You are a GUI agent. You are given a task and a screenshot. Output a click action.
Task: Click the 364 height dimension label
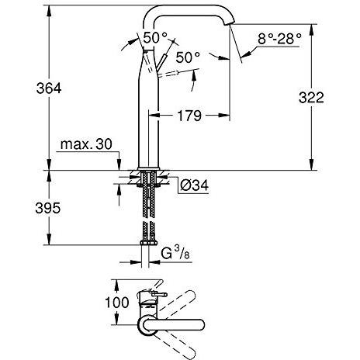[x=49, y=88]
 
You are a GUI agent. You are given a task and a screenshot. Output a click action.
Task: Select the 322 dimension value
[x=311, y=98]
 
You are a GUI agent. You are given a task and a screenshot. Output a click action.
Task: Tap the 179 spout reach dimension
[x=189, y=116]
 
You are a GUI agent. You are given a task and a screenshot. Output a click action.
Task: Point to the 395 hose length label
[x=48, y=208]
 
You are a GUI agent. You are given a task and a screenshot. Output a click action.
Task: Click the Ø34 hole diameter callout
[x=194, y=185]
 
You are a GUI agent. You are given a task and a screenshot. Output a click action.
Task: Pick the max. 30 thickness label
[x=86, y=144]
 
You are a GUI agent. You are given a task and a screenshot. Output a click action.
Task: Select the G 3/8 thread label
[x=175, y=253]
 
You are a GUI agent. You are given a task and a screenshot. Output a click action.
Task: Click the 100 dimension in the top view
[x=117, y=303]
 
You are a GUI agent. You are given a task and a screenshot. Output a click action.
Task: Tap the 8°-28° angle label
[x=280, y=39]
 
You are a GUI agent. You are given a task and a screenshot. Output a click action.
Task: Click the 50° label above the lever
[x=155, y=38]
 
